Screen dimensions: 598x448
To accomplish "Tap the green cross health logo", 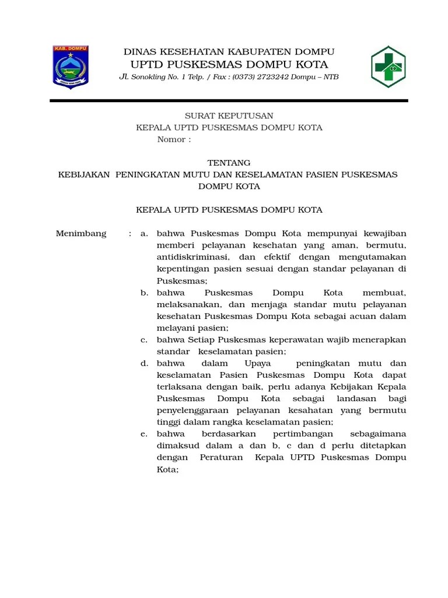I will click(x=388, y=67).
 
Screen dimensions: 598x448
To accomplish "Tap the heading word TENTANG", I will click(x=229, y=163).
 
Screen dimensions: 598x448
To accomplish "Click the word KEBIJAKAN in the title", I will click(x=84, y=175).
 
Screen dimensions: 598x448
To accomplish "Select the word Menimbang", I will click(x=81, y=234).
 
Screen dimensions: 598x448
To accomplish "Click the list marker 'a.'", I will click(x=143, y=234).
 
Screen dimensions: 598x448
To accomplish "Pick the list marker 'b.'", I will click(x=143, y=293).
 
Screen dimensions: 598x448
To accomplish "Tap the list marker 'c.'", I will click(x=143, y=340).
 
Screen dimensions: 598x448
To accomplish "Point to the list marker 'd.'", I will click(x=143, y=363).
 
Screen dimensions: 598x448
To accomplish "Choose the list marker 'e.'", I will click(x=143, y=434).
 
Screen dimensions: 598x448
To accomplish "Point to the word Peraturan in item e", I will click(x=221, y=457).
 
